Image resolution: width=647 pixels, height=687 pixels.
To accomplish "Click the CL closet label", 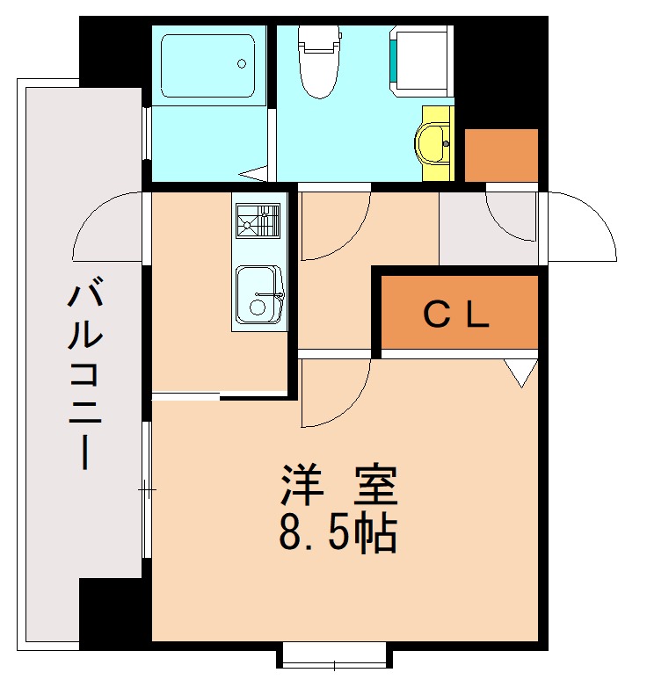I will (x=456, y=315).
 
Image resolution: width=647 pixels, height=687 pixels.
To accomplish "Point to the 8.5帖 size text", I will (x=338, y=532).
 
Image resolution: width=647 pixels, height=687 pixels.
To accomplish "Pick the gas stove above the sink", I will (x=258, y=219).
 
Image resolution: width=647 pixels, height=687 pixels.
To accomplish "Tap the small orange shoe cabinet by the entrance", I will (x=500, y=155).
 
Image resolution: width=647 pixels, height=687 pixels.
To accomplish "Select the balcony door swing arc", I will (x=107, y=227).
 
